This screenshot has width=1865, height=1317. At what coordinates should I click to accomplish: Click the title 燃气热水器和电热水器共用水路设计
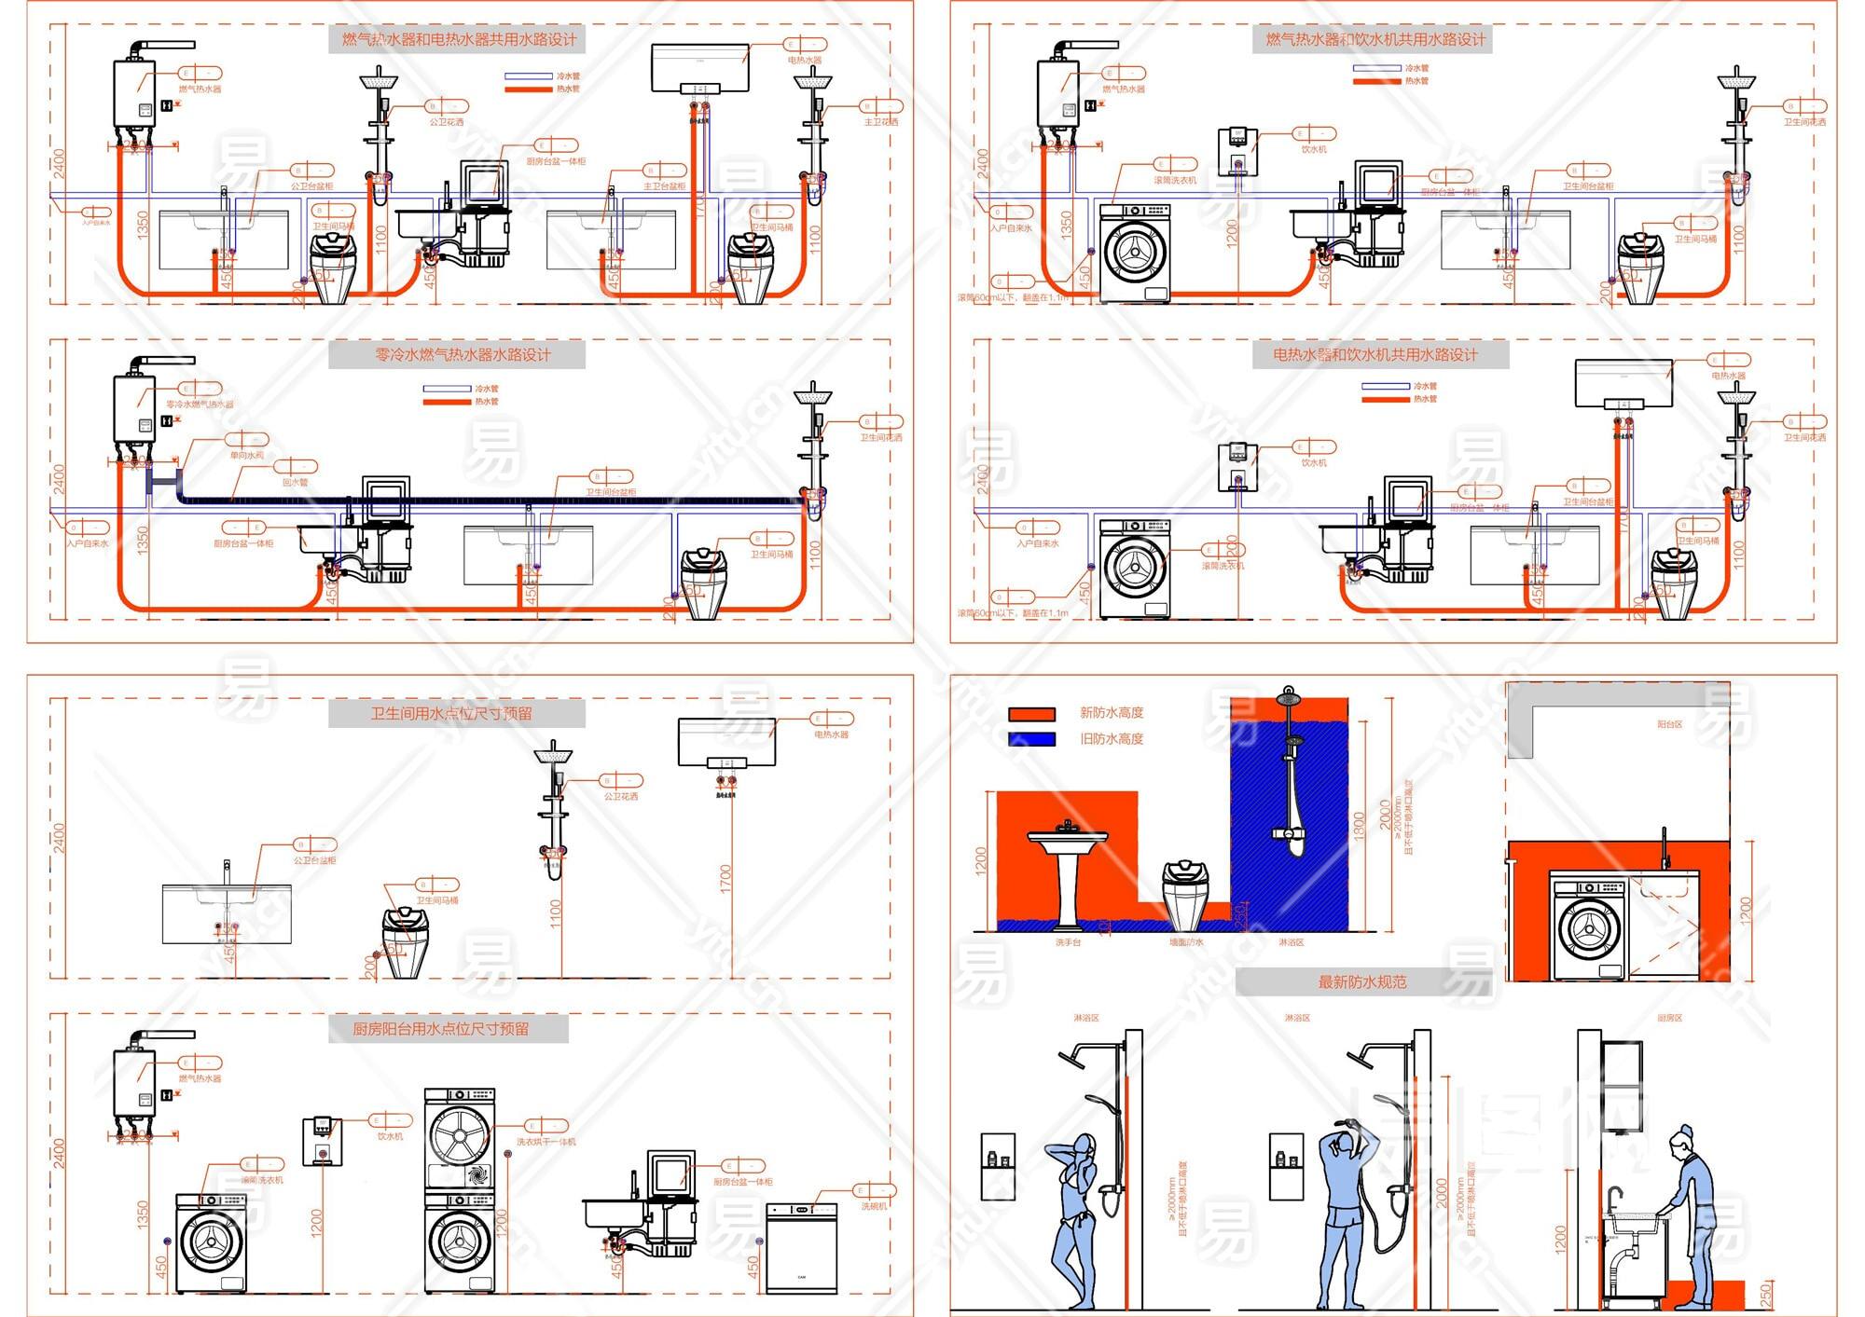tap(458, 39)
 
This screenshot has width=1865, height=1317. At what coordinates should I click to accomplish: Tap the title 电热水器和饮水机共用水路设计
tap(1375, 355)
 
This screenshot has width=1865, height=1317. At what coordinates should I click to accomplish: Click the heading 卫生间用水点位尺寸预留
tap(451, 714)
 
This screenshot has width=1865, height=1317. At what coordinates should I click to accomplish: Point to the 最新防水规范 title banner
tap(1361, 982)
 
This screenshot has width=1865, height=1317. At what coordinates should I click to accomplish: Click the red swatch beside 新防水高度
tap(1031, 714)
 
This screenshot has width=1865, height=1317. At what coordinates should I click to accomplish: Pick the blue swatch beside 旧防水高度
tap(1031, 739)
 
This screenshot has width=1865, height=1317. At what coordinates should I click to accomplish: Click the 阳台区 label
tap(1669, 724)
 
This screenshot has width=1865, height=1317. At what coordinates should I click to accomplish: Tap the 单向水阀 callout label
tap(247, 456)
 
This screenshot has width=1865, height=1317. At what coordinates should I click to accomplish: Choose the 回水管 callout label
tap(296, 483)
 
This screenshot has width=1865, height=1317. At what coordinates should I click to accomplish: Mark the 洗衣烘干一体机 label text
tap(546, 1142)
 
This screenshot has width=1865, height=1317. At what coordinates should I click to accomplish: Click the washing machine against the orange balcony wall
tap(1588, 926)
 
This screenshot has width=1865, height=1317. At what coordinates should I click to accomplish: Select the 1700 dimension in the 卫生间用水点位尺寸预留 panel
tap(726, 878)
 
